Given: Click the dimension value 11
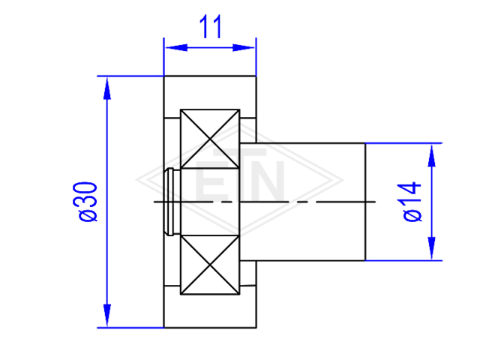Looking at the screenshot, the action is [x=210, y=27].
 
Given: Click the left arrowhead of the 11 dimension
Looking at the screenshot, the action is [x=176, y=48].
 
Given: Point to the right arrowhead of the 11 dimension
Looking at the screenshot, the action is [x=244, y=48].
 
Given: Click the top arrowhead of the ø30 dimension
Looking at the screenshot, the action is [x=106, y=88].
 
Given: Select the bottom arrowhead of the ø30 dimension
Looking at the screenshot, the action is [x=106, y=315].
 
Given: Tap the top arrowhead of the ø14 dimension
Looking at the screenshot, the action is [x=432, y=155].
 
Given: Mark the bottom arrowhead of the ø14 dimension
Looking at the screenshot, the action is [x=432, y=248].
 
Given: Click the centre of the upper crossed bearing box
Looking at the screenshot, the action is [x=210, y=139].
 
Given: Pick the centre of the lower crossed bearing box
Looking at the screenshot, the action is [x=210, y=265].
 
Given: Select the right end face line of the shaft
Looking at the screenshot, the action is [x=365, y=202].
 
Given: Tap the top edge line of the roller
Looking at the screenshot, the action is [x=210, y=76].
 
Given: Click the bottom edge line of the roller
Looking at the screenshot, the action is [x=210, y=328].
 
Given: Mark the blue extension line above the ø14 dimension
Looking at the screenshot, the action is [x=403, y=143].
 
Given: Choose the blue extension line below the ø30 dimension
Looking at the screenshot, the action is [x=130, y=328].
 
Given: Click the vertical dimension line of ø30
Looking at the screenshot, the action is [x=106, y=202].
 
